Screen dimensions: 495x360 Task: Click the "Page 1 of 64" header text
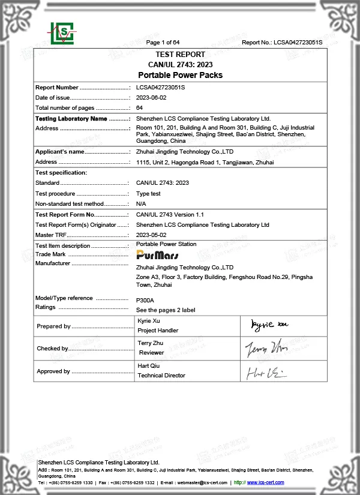click(x=163, y=42)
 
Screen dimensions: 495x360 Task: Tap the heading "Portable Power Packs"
click(x=180, y=75)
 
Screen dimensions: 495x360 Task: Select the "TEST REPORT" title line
click(x=180, y=53)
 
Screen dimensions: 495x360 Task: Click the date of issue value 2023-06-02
click(x=151, y=97)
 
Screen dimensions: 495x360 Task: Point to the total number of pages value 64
click(x=139, y=107)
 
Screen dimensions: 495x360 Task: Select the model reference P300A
click(x=145, y=300)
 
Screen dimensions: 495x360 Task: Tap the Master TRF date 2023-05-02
click(x=151, y=235)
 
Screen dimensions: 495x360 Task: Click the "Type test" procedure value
click(x=148, y=194)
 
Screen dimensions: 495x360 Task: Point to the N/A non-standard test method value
click(x=142, y=204)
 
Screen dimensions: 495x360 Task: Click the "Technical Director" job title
click(x=161, y=376)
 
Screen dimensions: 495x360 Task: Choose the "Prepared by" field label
click(x=54, y=326)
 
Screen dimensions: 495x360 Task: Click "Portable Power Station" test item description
click(x=166, y=244)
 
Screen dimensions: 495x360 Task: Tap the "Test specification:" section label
click(x=61, y=173)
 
